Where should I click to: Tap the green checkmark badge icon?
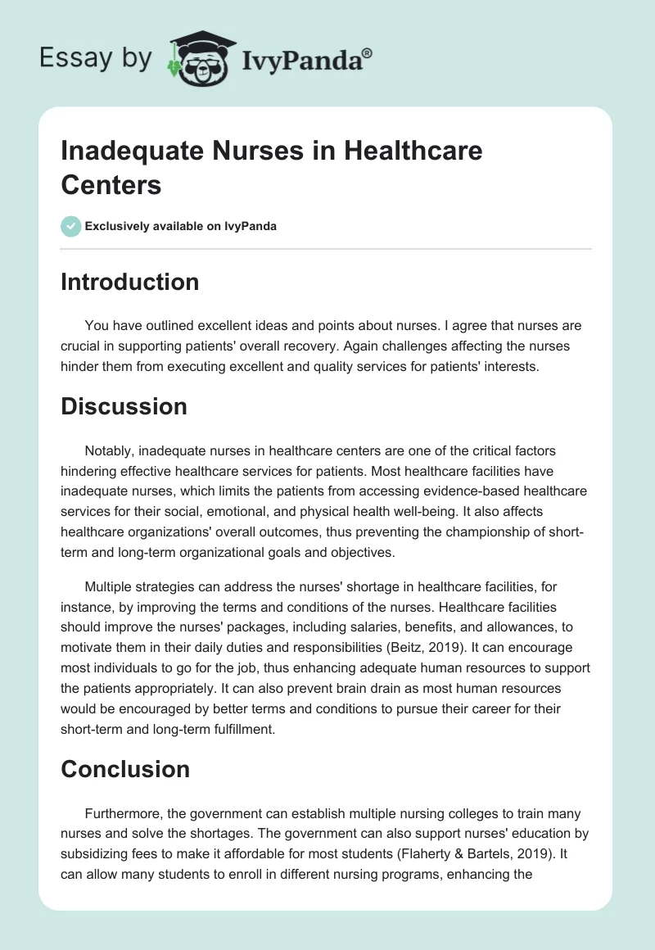(70, 226)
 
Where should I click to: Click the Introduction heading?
(129, 282)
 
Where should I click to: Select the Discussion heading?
(124, 406)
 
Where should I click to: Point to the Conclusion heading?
(125, 769)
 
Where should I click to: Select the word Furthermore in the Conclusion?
(121, 813)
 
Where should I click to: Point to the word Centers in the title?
(111, 184)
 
